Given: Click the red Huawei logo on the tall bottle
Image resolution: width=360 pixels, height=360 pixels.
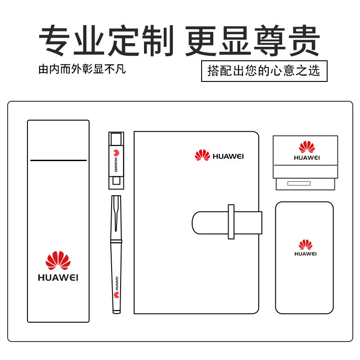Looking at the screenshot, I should tap(58, 261).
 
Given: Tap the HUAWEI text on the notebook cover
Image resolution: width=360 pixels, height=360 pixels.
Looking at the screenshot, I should tap(228, 156).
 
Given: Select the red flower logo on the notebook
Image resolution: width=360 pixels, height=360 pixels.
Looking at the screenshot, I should tap(202, 155).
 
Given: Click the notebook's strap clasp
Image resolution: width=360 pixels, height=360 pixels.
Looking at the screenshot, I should tap(231, 221).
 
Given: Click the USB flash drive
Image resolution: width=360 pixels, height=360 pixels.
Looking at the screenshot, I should tap(116, 160).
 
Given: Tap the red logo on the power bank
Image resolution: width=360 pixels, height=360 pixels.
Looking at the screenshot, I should tap(306, 245).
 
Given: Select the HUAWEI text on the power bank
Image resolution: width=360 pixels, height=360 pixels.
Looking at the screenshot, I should tap(306, 254).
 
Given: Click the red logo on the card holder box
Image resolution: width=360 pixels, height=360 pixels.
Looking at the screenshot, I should tap(307, 147).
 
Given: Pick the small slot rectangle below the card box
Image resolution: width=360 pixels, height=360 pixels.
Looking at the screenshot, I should tap(299, 183).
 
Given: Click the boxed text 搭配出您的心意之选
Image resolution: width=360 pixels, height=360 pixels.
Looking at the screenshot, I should tap(264, 71).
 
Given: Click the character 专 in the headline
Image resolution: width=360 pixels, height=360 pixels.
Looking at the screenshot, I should tap(56, 41).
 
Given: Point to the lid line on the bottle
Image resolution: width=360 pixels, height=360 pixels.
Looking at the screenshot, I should tap(58, 160).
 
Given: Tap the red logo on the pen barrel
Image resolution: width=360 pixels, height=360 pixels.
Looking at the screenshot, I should tap(116, 295).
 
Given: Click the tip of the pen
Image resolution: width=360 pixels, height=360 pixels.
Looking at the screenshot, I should tap(116, 311).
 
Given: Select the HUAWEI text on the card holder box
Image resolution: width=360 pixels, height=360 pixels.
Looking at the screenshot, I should tap(307, 157).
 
